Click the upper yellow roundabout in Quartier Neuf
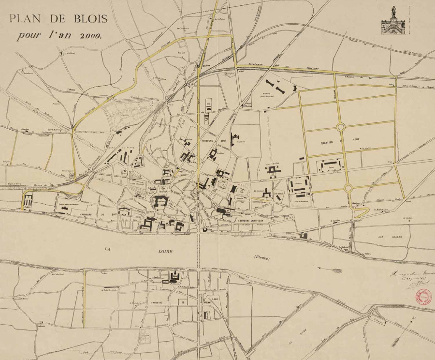(x=341, y=127)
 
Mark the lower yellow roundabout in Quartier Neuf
(x=349, y=188)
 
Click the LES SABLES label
(x=387, y=237)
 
